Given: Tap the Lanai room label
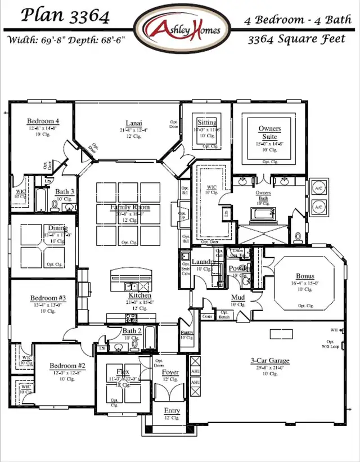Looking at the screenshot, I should (x=133, y=123).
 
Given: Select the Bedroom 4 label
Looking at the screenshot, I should (x=43, y=121).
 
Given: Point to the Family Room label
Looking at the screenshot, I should (x=130, y=208).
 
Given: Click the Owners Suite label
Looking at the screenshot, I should (x=269, y=132).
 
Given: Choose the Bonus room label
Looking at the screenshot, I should (x=305, y=276).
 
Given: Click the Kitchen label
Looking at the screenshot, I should (x=139, y=295).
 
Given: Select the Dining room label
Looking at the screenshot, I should (x=57, y=228).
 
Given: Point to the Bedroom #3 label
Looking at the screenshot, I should (x=48, y=298).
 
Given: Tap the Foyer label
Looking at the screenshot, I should (x=170, y=372).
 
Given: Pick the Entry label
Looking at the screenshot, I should (x=172, y=411).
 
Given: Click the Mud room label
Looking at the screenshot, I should (x=237, y=298).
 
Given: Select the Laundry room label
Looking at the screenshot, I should (x=202, y=262).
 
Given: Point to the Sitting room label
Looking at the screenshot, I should (x=206, y=123).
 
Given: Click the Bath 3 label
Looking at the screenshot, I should (x=64, y=192).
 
